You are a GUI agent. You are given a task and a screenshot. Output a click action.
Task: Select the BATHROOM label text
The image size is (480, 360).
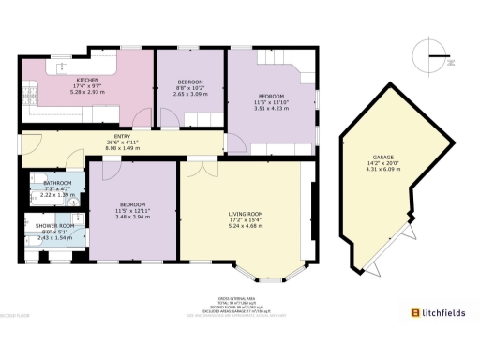pyautogui.click(x=57, y=183)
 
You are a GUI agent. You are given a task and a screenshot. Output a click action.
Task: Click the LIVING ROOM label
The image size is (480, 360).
pyautogui.click(x=245, y=214)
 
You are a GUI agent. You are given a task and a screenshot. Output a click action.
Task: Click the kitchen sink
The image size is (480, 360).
pyautogui.click(x=27, y=90)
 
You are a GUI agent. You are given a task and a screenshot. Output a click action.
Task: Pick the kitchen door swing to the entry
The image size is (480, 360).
pyautogui.click(x=141, y=115)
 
